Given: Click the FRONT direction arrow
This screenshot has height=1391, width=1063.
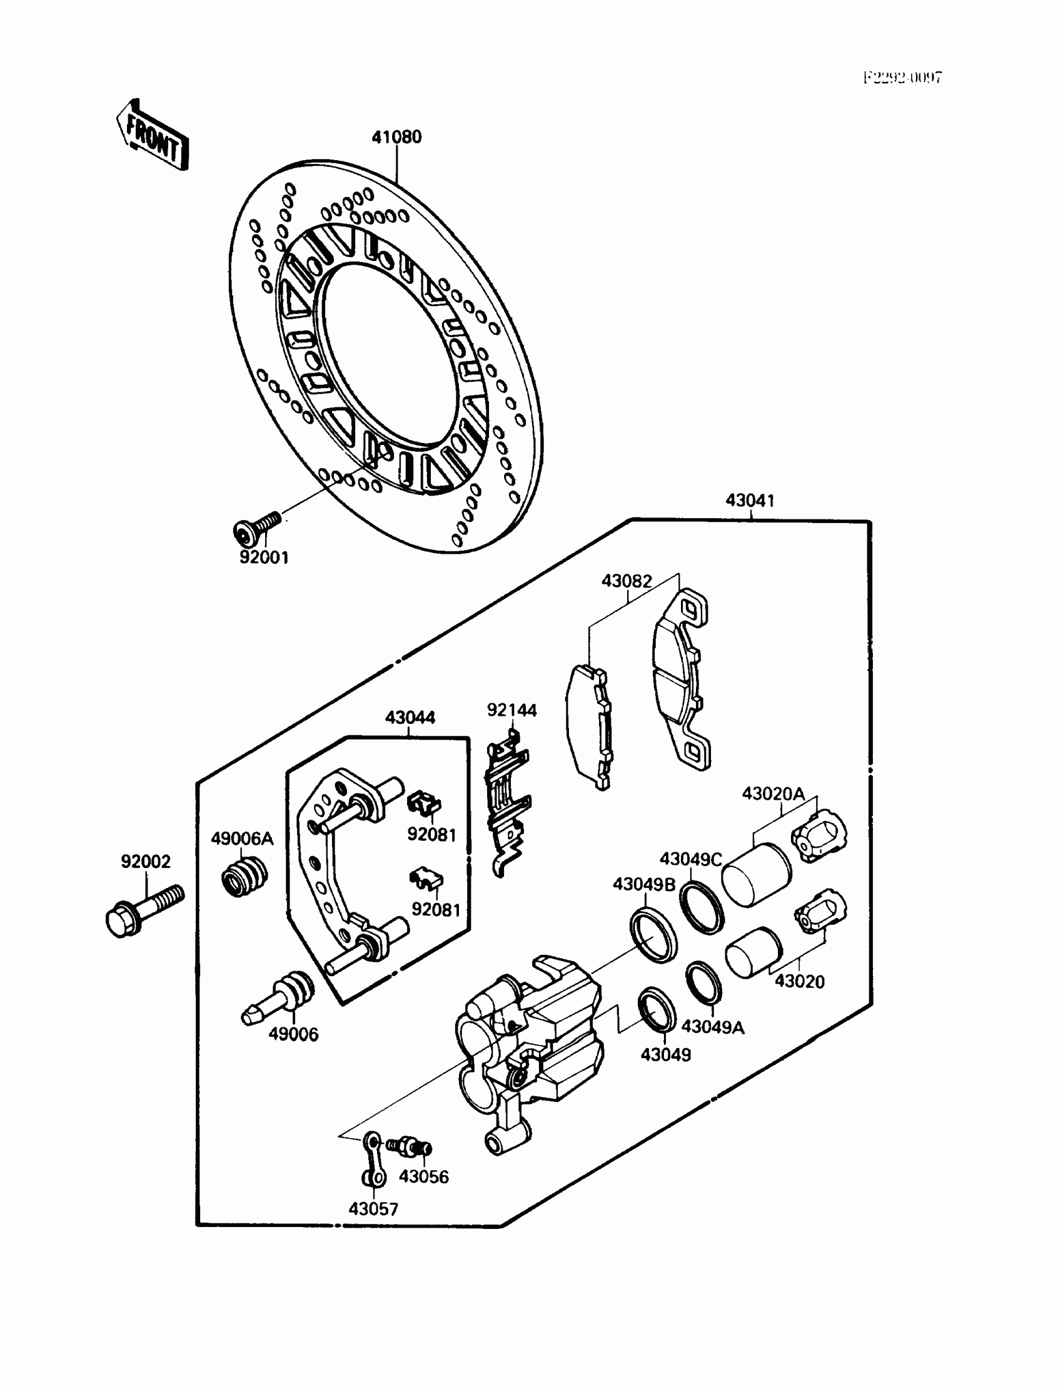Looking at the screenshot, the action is point(153,136).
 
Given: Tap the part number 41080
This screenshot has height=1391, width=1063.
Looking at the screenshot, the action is point(396,138).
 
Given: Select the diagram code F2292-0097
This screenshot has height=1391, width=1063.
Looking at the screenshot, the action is point(902,78).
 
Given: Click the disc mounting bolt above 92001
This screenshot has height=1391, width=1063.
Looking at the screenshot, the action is point(257,527).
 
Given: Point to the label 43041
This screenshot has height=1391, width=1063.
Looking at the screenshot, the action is point(750,501).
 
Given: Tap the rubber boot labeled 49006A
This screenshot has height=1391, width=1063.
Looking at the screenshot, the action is point(245,877).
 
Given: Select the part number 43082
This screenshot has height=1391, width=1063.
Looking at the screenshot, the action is point(627,581).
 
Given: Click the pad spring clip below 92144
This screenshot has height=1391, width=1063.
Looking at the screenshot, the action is point(508,803).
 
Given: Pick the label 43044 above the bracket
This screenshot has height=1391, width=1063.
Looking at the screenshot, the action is point(410,718).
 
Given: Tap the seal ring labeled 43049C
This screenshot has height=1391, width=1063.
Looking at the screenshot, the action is point(702,907).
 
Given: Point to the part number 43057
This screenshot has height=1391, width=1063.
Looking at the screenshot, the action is point(373,1209).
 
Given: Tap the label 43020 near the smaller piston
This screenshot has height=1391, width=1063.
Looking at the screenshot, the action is point(800,981).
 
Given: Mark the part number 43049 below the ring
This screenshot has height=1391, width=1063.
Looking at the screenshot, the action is point(666,1054).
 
